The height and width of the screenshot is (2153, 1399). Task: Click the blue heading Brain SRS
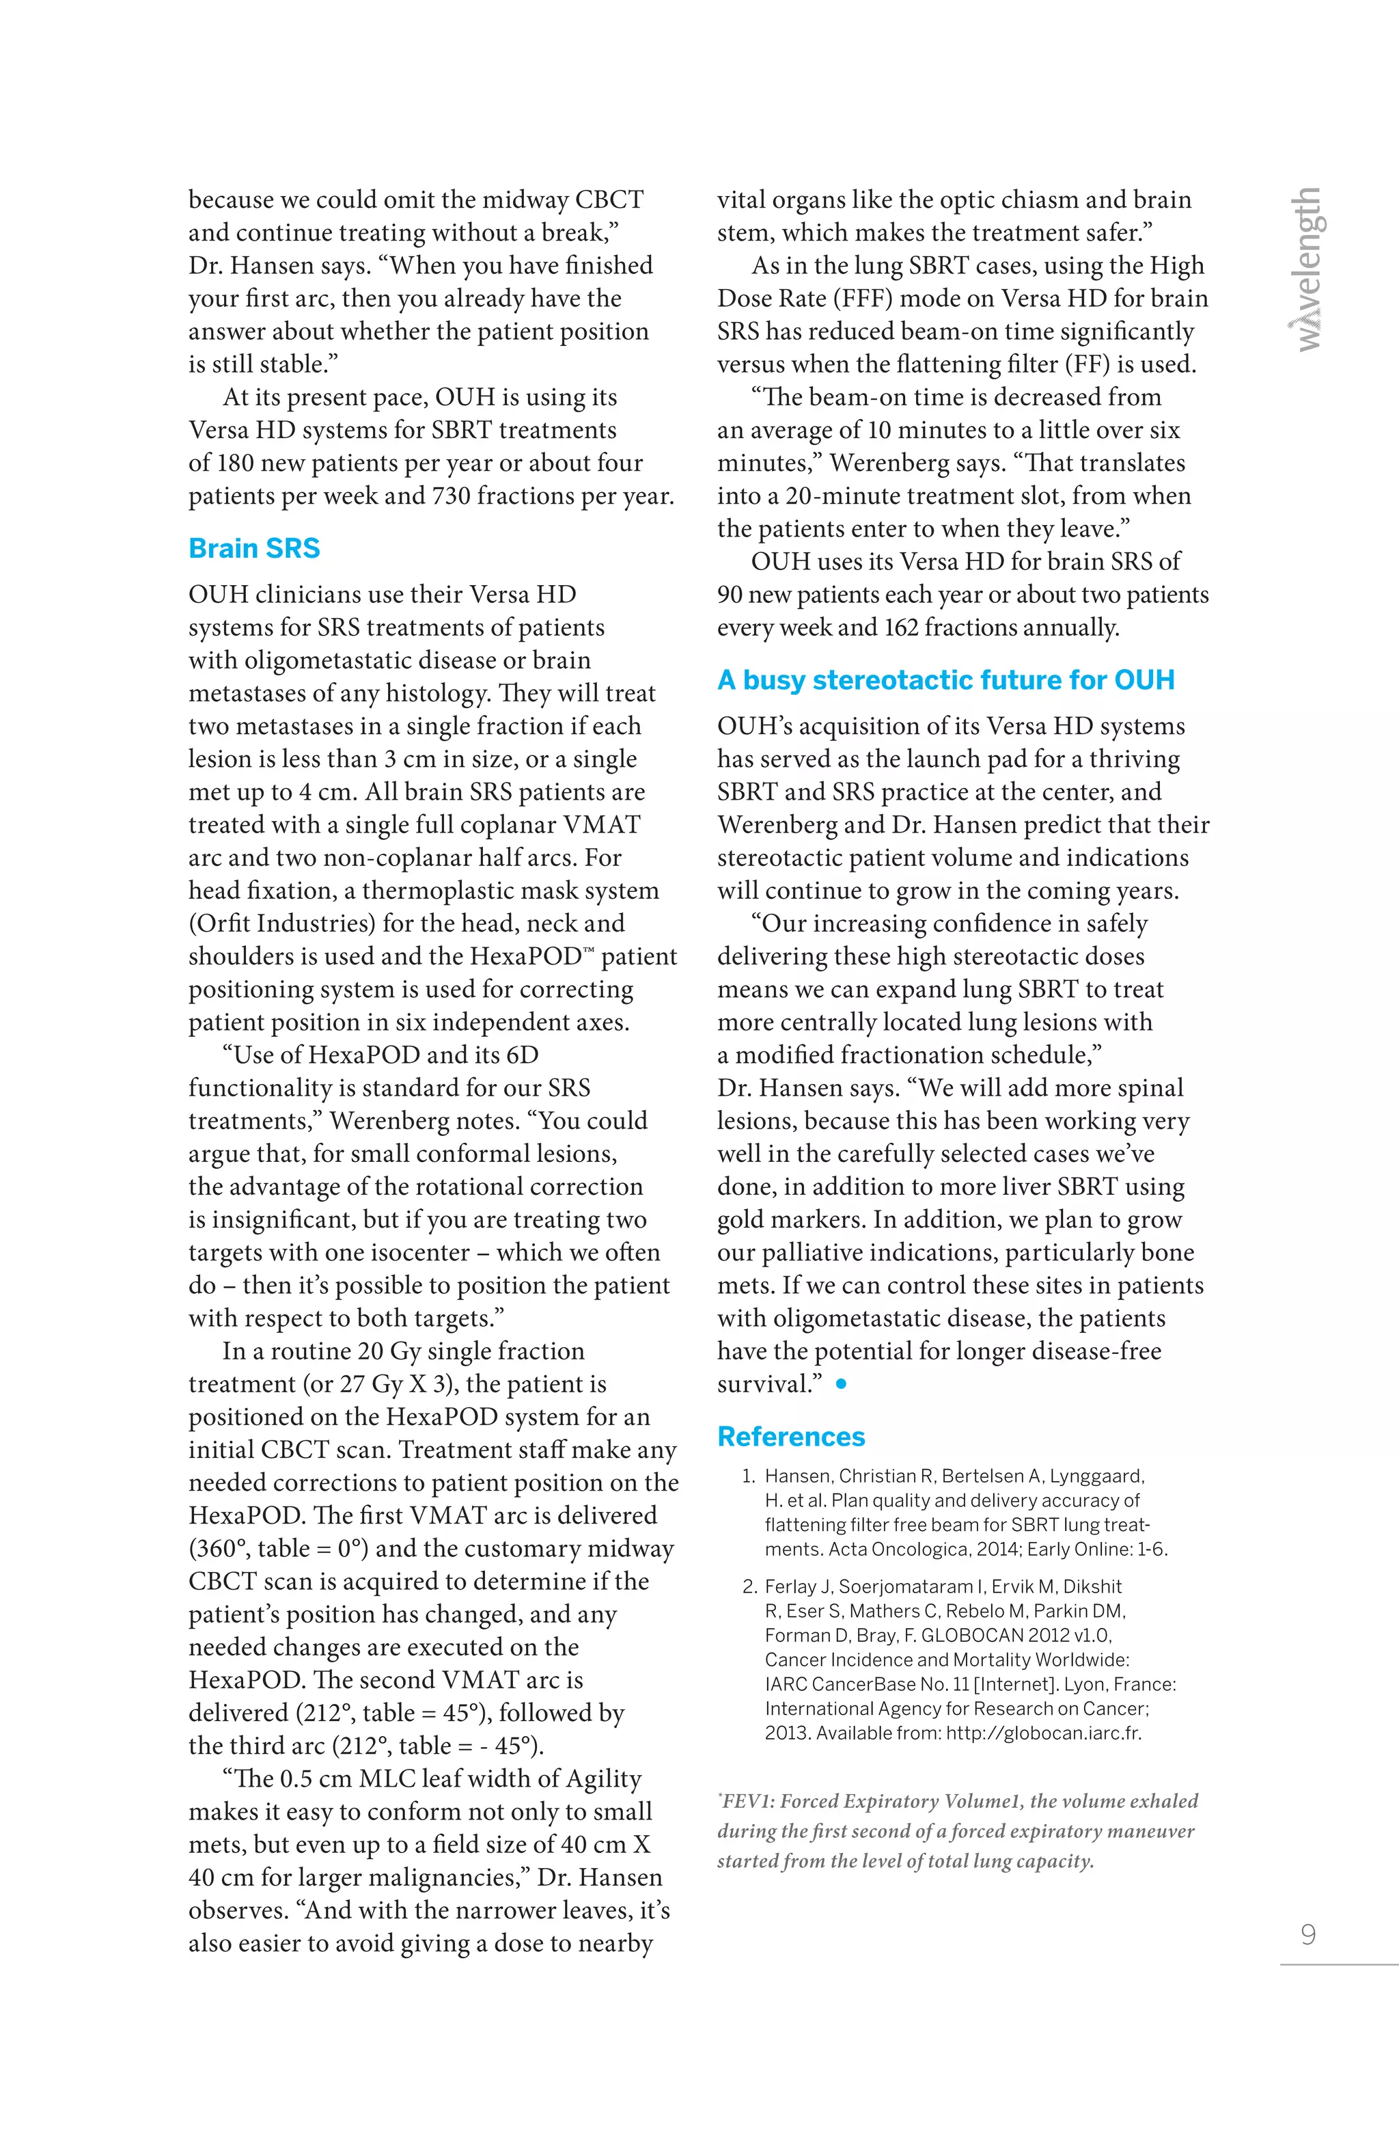(254, 548)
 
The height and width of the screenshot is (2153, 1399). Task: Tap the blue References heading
(790, 1437)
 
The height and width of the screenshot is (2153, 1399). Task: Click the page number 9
(1307, 1934)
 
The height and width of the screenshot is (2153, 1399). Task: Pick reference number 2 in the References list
(749, 1586)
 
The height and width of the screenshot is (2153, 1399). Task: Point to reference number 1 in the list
(748, 1476)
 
